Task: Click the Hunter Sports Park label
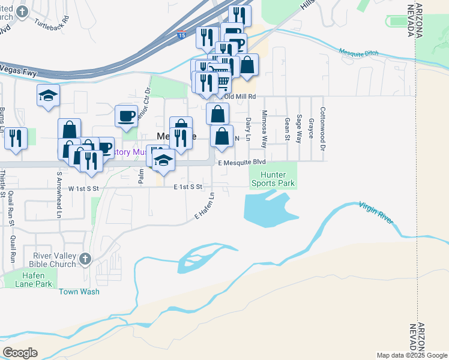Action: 273,178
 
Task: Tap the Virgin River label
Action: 377,213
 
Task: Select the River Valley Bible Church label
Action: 54,259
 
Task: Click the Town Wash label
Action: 79,292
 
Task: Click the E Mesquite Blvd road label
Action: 241,163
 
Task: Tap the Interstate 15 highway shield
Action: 181,35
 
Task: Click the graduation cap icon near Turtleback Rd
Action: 48,95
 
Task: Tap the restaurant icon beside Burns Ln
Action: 16,138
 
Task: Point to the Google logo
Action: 20,352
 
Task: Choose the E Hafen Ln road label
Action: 204,205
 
